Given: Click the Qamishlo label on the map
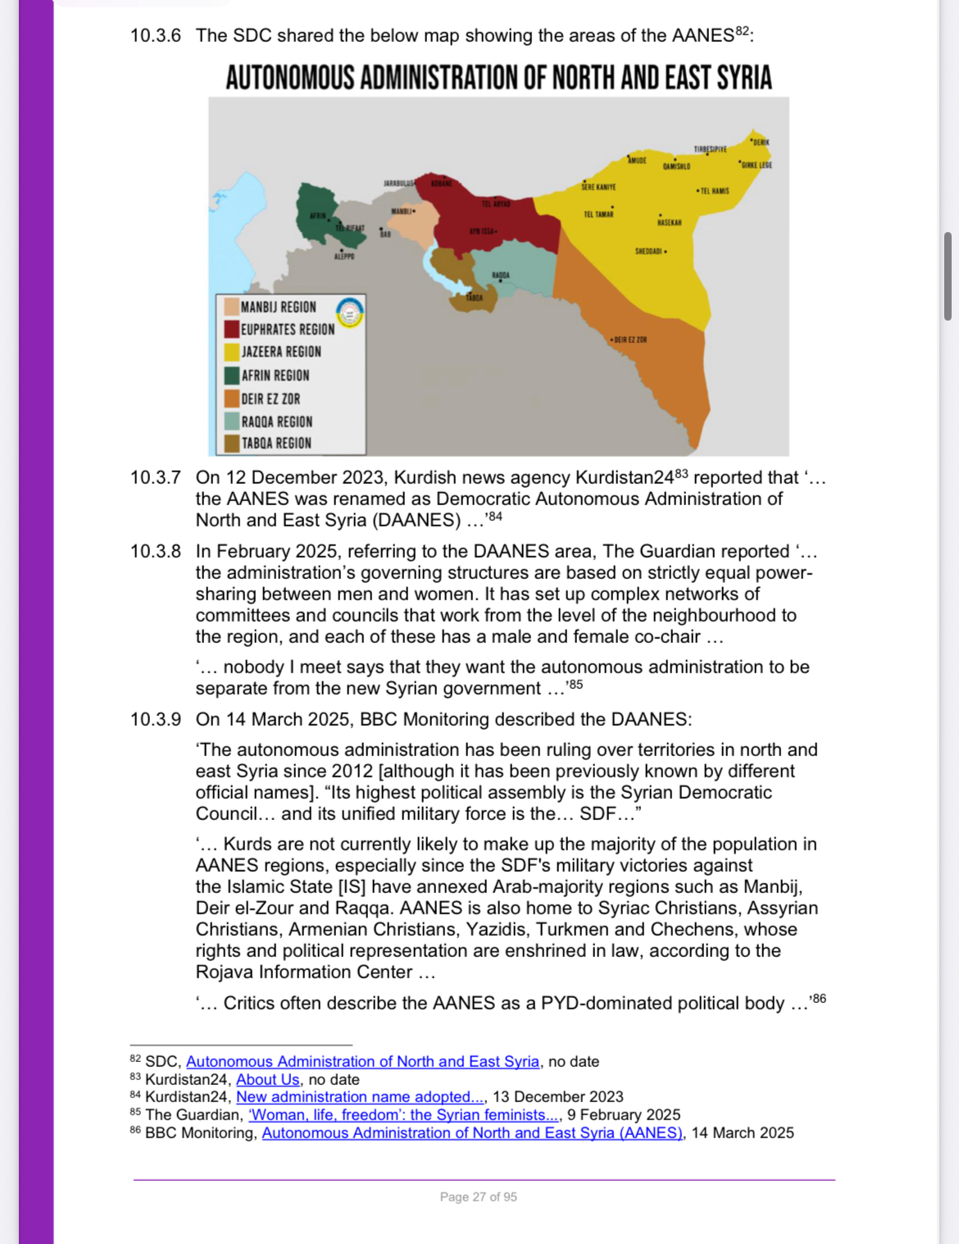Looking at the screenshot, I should (x=676, y=166).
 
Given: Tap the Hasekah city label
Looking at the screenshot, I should (x=669, y=222).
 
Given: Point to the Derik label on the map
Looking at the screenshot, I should (x=761, y=142).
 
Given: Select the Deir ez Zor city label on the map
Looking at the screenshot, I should (x=629, y=339).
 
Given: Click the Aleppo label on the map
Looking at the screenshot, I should (x=344, y=257).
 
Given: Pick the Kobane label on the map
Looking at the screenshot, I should (x=442, y=184).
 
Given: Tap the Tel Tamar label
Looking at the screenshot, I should (x=598, y=214).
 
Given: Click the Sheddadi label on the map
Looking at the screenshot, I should (x=648, y=251).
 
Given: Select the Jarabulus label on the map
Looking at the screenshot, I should (x=398, y=183).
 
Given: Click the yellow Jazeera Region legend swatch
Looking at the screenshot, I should (x=232, y=352).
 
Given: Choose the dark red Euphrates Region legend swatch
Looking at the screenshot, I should (x=232, y=329).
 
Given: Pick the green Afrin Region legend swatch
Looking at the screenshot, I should (x=232, y=376).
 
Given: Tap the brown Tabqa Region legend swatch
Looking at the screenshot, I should (x=232, y=444).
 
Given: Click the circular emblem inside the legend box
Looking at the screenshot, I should (x=350, y=312).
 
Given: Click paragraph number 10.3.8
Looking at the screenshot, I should (x=155, y=551).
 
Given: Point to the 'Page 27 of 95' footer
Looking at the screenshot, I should (x=478, y=1197).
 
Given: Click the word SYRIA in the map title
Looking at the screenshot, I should (x=744, y=78).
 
